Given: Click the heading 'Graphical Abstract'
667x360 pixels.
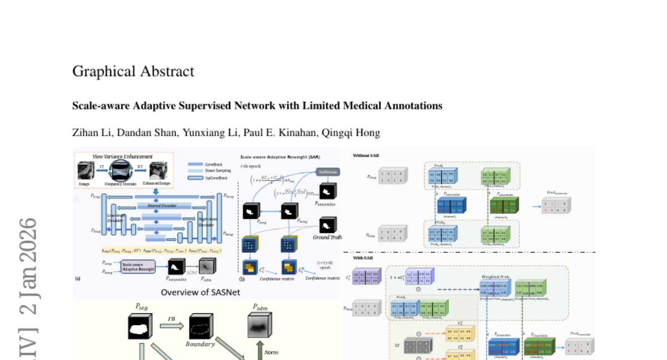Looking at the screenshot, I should coord(133,72).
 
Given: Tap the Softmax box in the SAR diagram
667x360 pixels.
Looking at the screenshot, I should coord(327,172).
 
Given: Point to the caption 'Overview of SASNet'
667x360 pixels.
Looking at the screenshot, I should coord(200,292).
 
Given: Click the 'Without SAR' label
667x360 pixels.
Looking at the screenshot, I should coord(366,156).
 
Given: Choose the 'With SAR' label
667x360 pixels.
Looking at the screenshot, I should coord(363,258).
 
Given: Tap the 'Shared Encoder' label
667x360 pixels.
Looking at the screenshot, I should coord(162,206).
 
